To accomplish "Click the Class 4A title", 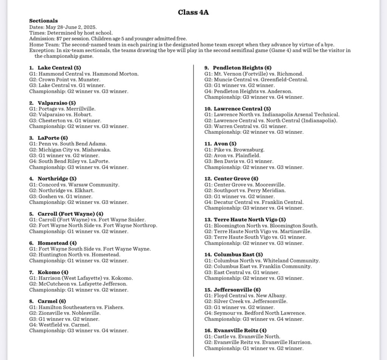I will pyautogui.click(x=193, y=12).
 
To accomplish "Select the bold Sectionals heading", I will pyautogui.click(x=43, y=21).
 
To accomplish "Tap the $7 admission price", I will pyautogui.click(x=59, y=39).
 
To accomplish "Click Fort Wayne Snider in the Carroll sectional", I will pyautogui.click(x=125, y=219).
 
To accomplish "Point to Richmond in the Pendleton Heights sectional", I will pyautogui.click(x=291, y=74).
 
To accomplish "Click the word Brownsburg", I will pyautogui.click(x=250, y=150).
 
